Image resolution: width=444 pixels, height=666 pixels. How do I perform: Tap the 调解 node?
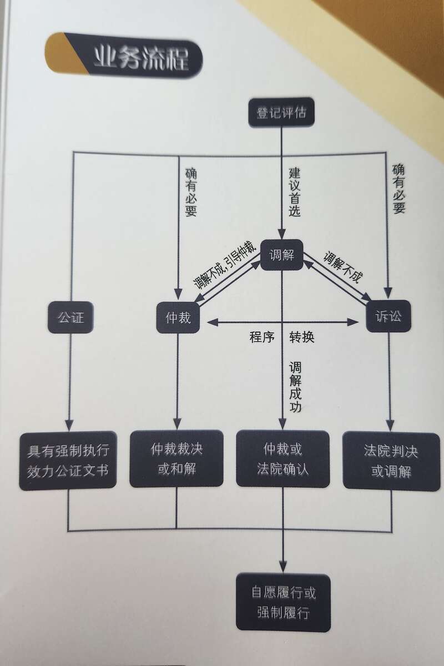click(281, 255)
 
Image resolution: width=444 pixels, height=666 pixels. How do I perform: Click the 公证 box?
click(70, 317)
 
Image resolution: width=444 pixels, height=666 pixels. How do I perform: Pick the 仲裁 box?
click(178, 318)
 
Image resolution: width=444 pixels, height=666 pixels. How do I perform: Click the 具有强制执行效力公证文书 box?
click(68, 459)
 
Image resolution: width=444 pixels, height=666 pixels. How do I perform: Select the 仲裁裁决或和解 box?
click(176, 458)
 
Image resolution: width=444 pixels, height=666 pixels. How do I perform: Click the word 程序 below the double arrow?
click(262, 337)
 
